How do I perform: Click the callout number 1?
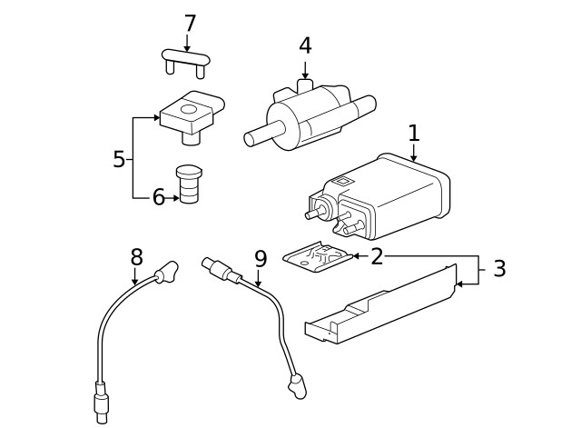tap(414, 133)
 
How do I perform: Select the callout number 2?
tap(377, 256)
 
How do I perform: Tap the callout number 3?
tap(499, 269)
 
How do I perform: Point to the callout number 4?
tap(305, 45)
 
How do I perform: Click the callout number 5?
tap(119, 160)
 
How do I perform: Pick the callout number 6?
tap(158, 197)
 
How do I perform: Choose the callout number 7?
tap(189, 23)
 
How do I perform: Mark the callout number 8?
tap(136, 256)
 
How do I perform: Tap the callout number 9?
tap(261, 259)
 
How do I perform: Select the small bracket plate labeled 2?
tap(317, 257)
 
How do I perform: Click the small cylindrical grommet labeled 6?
tap(189, 185)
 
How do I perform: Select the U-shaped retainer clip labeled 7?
tap(186, 59)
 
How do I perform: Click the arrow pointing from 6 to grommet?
tap(172, 197)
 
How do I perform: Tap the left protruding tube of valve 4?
tap(254, 137)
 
